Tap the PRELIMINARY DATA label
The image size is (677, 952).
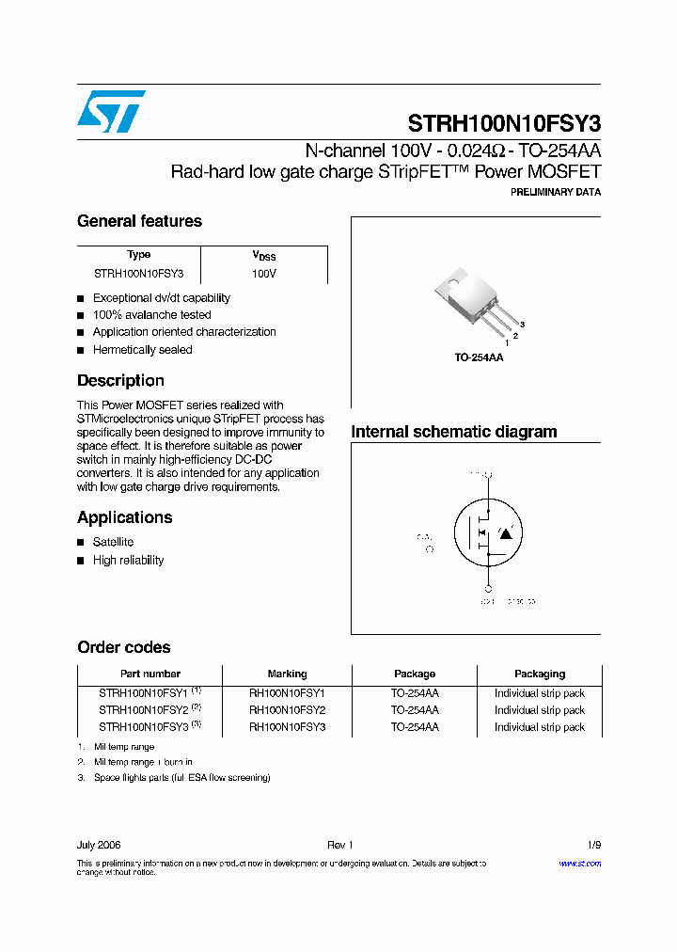pos(555,192)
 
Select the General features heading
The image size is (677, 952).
pos(139,221)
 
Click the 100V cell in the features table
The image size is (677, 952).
pos(263,273)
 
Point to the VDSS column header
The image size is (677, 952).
pos(263,256)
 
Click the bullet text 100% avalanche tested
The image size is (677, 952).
pos(151,315)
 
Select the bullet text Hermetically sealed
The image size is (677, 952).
pos(142,350)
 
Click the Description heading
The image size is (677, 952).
pos(120,381)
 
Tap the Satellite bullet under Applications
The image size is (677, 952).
pos(113,542)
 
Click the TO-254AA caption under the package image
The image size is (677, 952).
pos(479,358)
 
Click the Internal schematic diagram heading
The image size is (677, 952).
pos(453,432)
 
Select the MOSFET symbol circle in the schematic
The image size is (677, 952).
pos(489,532)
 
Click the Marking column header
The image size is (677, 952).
pos(287,674)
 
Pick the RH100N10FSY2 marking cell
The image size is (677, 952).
pos(287,710)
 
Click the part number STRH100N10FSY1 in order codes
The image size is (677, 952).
pos(143,693)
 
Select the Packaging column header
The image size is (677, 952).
pos(540,674)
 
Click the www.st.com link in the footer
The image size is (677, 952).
pos(579,864)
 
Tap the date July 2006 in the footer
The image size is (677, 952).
pos(99,845)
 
